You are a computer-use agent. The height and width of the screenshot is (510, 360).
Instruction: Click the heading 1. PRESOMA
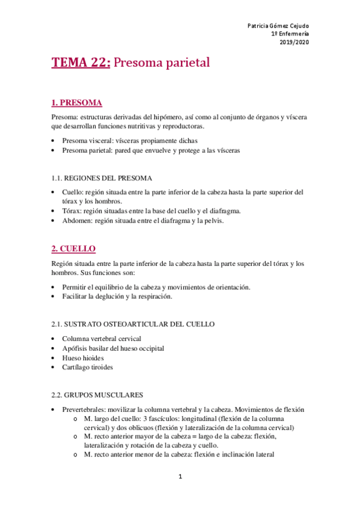pos(76,102)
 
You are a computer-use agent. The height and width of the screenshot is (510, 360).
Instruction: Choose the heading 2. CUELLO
pos(73,248)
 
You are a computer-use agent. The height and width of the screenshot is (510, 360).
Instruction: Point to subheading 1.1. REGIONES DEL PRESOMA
pos(102,178)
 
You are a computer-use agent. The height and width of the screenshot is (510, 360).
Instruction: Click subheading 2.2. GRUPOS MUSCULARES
pos(97,395)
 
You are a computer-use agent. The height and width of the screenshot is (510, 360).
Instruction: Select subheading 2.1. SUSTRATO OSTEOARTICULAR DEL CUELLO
pos(133,324)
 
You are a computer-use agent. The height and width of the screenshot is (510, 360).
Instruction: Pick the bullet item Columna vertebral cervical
pos(101,339)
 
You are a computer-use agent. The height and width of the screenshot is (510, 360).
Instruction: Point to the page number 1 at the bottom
pos(180,477)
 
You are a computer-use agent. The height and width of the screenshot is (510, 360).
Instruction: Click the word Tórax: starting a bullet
pos(73,211)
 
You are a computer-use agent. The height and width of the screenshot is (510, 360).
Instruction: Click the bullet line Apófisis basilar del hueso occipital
pos(113,348)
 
